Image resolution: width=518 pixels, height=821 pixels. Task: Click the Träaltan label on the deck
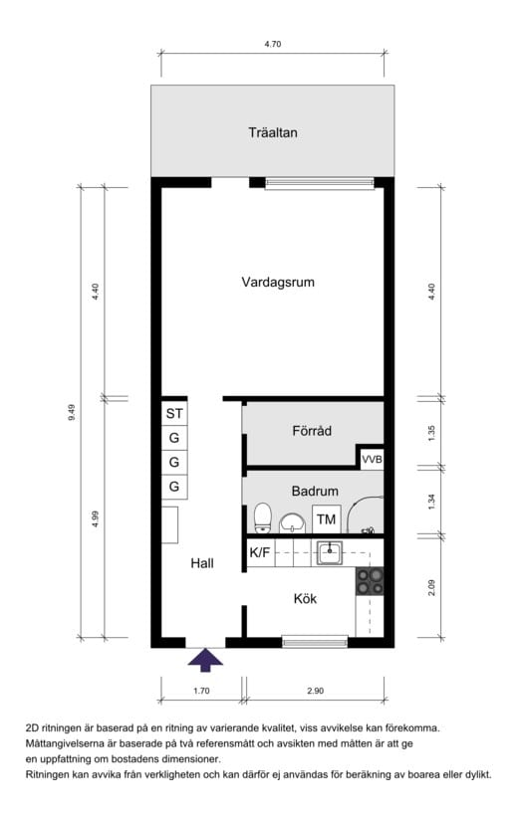[x=273, y=132]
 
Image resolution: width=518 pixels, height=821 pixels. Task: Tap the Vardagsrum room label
[x=278, y=283]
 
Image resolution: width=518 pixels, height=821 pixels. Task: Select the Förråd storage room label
[x=312, y=431]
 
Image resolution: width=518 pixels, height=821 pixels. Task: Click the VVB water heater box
[x=372, y=460]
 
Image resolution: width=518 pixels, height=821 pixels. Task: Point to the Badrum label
[x=315, y=492]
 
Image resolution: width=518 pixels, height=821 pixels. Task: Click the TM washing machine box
[x=326, y=519]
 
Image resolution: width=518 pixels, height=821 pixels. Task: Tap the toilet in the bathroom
[x=262, y=518]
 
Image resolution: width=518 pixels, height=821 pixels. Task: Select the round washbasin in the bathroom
[x=293, y=523]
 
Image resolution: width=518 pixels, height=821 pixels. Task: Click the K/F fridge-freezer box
[x=260, y=552]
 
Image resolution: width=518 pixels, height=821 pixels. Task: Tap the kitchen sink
[x=330, y=553]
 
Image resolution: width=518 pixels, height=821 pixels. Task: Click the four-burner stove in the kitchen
[x=370, y=582]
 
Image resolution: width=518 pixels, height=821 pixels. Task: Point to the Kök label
[x=305, y=598]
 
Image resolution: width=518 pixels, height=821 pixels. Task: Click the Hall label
[x=202, y=563]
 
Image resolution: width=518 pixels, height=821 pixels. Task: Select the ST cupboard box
[x=174, y=414]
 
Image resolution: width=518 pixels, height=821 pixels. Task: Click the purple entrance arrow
[x=205, y=660]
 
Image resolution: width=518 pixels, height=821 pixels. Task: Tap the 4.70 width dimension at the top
[x=273, y=44]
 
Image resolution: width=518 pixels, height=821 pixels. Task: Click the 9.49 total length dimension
[x=72, y=413]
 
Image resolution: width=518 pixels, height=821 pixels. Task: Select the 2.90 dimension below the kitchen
[x=315, y=691]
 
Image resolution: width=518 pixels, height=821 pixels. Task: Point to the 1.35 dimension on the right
[x=431, y=433]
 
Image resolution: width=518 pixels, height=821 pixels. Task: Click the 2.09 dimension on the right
[x=431, y=587]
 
